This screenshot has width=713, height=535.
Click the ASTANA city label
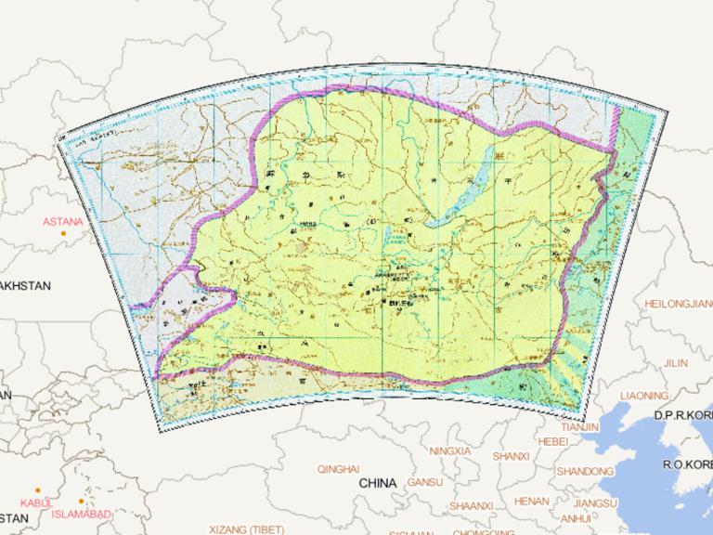(62, 222)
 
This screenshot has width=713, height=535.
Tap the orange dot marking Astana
(63, 233)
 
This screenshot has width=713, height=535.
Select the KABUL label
(36, 502)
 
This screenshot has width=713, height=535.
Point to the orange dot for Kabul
(38, 490)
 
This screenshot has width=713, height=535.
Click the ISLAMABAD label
(82, 514)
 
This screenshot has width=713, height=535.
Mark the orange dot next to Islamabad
(81, 502)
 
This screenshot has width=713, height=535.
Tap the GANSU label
(424, 483)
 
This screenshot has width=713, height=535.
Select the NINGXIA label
(451, 450)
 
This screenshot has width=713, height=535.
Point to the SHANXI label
(511, 456)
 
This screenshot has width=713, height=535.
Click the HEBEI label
(552, 441)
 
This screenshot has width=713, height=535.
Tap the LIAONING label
(643, 395)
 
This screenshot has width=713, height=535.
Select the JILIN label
(677, 362)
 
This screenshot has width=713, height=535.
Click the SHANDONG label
(585, 471)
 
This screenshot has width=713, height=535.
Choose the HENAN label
(531, 501)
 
